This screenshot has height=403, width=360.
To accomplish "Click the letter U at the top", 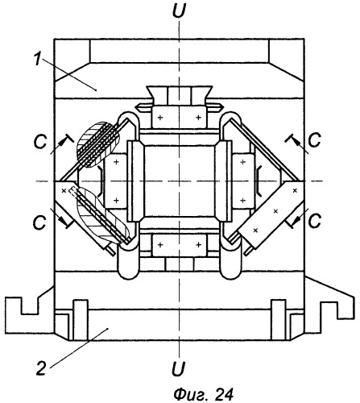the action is pyautogui.click(x=179, y=10).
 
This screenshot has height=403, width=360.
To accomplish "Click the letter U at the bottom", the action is pyautogui.click(x=179, y=368).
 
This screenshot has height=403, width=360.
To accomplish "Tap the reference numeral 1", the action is pyautogui.click(x=38, y=59).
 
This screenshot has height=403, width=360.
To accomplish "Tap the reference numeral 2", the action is pyautogui.click(x=41, y=368).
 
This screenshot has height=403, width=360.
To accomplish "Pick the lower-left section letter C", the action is pyautogui.click(x=39, y=222).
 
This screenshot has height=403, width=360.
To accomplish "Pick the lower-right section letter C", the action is pyautogui.click(x=315, y=221).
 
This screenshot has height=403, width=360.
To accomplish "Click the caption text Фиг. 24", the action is pyautogui.click(x=203, y=394).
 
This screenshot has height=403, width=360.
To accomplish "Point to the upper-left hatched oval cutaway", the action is pyautogui.click(x=98, y=144).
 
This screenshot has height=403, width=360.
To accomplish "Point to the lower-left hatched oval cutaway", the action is pyautogui.click(x=102, y=215).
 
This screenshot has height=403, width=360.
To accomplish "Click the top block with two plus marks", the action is pyautogui.click(x=179, y=117).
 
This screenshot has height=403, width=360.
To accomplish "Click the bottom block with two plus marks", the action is pyautogui.click(x=180, y=245).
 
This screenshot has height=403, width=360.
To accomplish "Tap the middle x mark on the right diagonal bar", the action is pyautogui.click(x=275, y=211).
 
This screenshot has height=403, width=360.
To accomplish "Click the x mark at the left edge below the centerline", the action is pyautogui.click(x=64, y=191).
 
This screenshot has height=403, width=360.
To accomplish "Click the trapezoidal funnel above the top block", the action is pyautogui.click(x=180, y=96).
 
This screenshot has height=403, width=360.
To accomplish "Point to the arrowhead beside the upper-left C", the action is pyautogui.click(x=64, y=141).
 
